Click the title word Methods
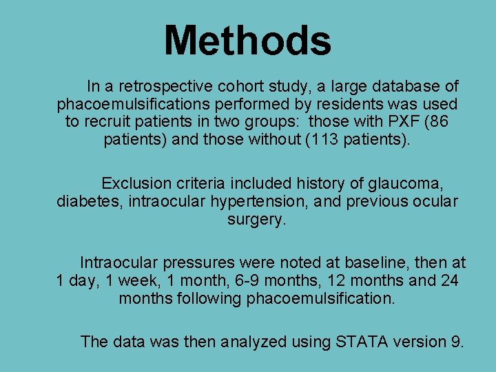pos(247,40)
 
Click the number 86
pos(448,122)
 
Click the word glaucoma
pos(409,183)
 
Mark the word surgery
pos(256,220)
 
